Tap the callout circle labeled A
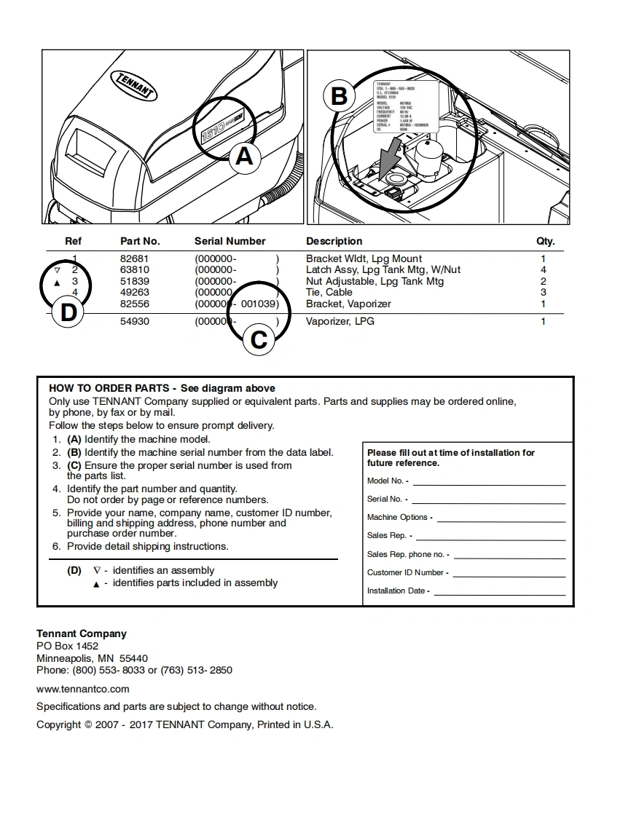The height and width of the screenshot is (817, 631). [244, 155]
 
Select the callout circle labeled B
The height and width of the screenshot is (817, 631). [340, 96]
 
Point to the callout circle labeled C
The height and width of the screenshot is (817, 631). [259, 339]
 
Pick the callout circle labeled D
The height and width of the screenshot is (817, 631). [68, 312]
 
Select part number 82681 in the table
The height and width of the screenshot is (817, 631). [134, 258]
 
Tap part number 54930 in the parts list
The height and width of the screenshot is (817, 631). [134, 321]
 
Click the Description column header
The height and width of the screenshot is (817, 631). [334, 241]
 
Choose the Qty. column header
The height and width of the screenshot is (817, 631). [545, 241]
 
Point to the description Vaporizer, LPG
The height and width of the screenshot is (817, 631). [340, 321]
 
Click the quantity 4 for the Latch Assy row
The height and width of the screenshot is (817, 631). [543, 269]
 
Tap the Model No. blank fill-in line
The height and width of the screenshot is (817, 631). [489, 481]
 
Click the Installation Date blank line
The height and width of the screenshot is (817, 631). [499, 591]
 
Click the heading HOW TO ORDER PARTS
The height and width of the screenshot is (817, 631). [109, 388]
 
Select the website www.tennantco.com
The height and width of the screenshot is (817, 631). [83, 689]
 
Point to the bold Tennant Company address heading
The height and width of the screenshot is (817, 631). [82, 634]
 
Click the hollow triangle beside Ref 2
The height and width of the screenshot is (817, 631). [58, 270]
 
